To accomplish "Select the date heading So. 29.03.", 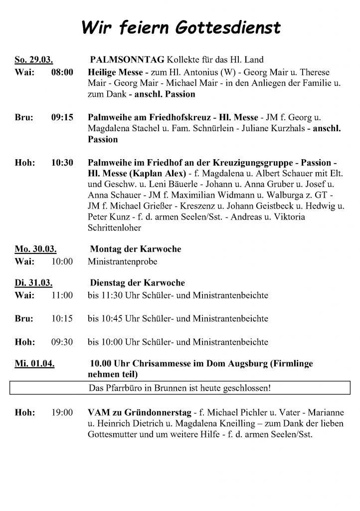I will pos(34,60).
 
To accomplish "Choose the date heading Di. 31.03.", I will pos(34,283).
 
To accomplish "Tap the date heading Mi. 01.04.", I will pos(34,364).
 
